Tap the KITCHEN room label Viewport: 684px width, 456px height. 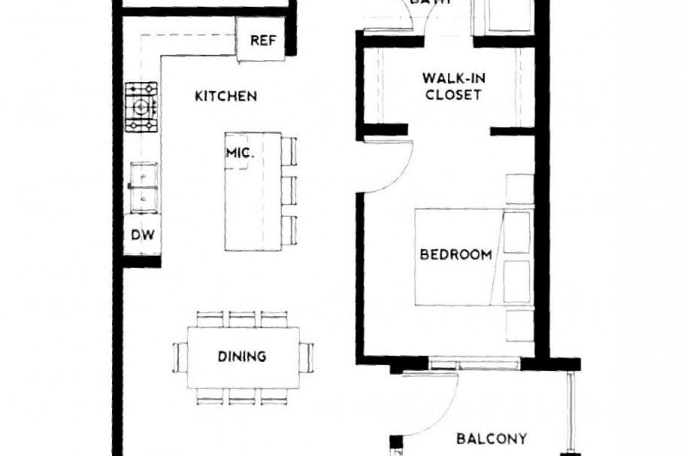pos(226,96)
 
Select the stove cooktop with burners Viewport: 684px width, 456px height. pos(141,107)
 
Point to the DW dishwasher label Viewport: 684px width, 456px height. pos(143,235)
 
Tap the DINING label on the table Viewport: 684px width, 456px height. pos(242,356)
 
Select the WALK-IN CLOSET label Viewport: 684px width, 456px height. pos(452,87)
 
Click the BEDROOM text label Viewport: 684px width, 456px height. pos(455,254)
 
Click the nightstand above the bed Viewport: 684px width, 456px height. pos(518,189)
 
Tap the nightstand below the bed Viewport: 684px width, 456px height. pos(519,324)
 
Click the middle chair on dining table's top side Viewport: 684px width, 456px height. pos(242,318)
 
